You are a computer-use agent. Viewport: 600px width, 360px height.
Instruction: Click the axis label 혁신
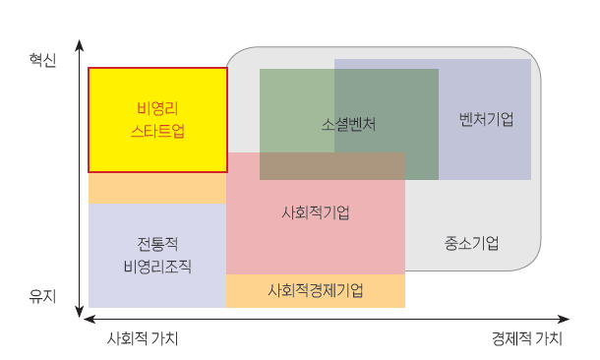[42, 61]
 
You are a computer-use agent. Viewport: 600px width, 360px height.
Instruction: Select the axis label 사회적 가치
[143, 338]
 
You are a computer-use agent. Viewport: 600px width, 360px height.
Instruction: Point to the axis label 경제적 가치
[527, 338]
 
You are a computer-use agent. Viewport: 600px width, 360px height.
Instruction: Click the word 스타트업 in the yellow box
[157, 129]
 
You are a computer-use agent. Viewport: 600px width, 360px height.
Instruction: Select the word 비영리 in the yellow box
[157, 107]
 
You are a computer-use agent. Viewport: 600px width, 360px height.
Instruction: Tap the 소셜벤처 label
[348, 125]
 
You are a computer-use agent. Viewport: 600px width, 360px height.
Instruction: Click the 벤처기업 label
[486, 119]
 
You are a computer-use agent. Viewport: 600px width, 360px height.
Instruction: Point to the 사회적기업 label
[315, 212]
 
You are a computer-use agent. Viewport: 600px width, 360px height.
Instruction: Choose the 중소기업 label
[471, 242]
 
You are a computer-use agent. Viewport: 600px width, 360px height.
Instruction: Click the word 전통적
[157, 243]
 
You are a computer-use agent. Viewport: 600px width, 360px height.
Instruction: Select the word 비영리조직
[157, 266]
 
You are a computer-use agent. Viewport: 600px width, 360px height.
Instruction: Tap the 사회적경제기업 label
[315, 291]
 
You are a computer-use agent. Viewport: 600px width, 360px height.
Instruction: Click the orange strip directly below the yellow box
[157, 189]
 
